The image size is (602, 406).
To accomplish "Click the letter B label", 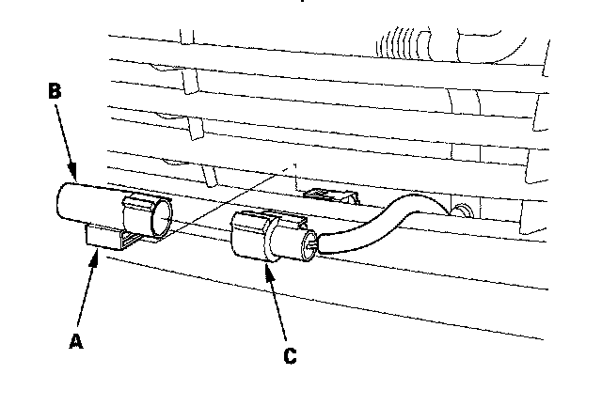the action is pos(55,92).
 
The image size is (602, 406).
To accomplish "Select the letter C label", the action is pos(290,355).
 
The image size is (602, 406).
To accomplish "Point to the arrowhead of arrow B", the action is pos(73,178).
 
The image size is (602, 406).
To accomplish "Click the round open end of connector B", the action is pos(161,218).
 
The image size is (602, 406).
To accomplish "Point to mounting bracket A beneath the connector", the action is pos(110,244).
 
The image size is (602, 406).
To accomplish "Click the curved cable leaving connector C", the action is pos(376,222).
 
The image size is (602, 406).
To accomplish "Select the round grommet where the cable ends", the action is pos(460,208).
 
